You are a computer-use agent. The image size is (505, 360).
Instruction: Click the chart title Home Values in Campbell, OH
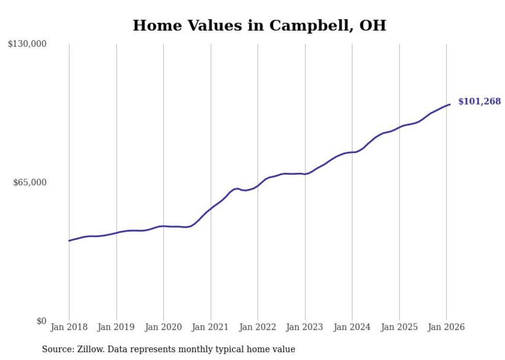[x=259, y=26]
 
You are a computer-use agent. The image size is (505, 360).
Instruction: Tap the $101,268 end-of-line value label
[x=479, y=101]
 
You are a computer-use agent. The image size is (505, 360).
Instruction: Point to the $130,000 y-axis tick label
[x=27, y=44]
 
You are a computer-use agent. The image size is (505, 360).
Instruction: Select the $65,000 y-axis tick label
[x=30, y=182]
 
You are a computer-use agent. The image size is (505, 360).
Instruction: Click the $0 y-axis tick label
[x=41, y=321]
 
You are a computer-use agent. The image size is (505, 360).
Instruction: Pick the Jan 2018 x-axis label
[x=69, y=327]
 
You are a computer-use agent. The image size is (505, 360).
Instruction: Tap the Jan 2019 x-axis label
[x=116, y=327]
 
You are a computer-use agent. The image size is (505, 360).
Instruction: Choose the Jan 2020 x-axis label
[x=163, y=327]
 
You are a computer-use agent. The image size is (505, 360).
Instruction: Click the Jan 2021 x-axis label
[x=211, y=327]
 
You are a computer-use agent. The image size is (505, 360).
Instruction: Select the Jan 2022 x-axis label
[x=258, y=327]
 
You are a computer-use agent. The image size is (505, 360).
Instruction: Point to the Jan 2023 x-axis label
[x=305, y=327]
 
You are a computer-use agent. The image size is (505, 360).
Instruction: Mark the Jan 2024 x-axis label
[x=352, y=327]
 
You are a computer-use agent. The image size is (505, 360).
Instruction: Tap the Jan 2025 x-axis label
[x=399, y=327]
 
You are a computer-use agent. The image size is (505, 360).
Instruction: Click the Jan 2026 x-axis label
[x=446, y=327]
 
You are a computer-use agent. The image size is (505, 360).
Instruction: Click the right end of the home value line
[x=450, y=105]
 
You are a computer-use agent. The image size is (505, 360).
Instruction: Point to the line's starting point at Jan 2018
[x=69, y=241]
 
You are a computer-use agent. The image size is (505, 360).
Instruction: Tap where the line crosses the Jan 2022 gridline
[x=258, y=186]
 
